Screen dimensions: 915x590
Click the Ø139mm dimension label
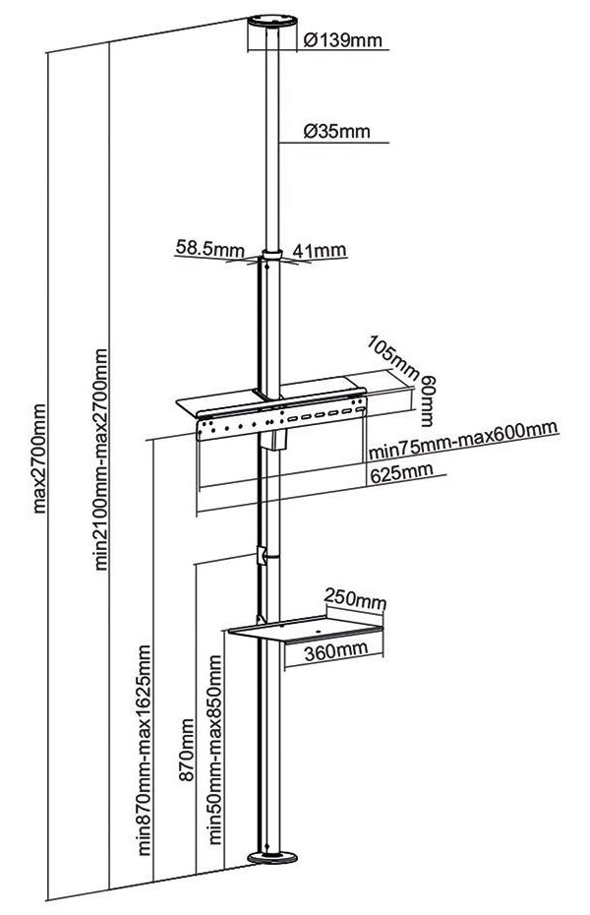coord(343,40)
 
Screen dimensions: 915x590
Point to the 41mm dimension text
coord(320,250)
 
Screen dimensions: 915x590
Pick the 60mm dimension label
coord(429,396)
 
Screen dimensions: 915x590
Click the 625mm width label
coord(401,473)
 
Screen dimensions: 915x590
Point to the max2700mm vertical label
coord(40,457)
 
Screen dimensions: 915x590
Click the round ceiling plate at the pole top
coord(269,20)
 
